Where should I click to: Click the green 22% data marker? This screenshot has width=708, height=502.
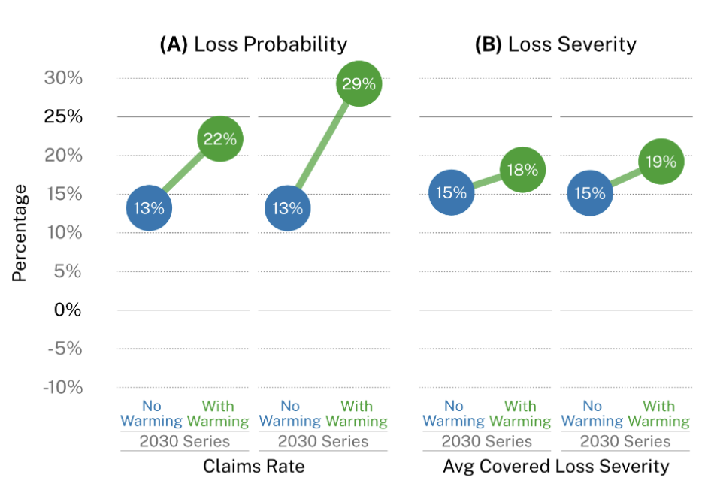(219, 139)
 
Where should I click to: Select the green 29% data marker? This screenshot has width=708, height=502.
(359, 84)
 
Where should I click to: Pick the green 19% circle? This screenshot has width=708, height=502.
(660, 162)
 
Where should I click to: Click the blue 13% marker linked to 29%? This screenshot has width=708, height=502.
(288, 208)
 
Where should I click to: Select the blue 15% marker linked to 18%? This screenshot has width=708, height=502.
(452, 193)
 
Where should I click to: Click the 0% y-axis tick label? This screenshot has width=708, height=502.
(67, 310)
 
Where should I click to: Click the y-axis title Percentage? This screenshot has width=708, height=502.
(20, 233)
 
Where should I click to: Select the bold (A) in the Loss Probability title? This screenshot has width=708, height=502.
(174, 44)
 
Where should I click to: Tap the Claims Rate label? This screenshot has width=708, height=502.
(253, 467)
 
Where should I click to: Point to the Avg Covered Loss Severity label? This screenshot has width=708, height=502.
(555, 467)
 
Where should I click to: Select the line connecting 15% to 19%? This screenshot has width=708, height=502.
(625, 177)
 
